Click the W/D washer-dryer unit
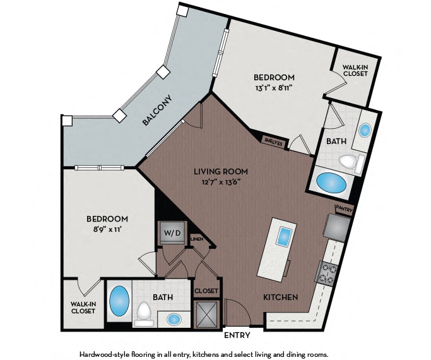pyautogui.click(x=172, y=232)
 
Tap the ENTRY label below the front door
pyautogui.click(x=237, y=335)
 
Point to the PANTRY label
pyautogui.click(x=344, y=210)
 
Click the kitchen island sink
pyautogui.click(x=285, y=237)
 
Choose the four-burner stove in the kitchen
pyautogui.click(x=327, y=272)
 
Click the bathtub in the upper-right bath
pyautogui.click(x=331, y=183)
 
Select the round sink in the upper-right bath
pyautogui.click(x=365, y=130)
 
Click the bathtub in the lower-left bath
pyautogui.click(x=119, y=301)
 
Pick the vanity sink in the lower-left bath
pyautogui.click(x=174, y=320)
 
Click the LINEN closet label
pyautogui.click(x=197, y=239)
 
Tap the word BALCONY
pyautogui.click(x=158, y=111)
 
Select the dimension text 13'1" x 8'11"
pyautogui.click(x=273, y=88)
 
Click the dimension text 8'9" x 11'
pyautogui.click(x=107, y=229)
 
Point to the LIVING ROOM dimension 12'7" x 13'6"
pyautogui.click(x=221, y=181)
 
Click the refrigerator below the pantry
pyautogui.click(x=338, y=227)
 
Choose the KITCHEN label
pyautogui.click(x=281, y=297)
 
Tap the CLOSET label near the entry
pyautogui.click(x=206, y=291)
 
